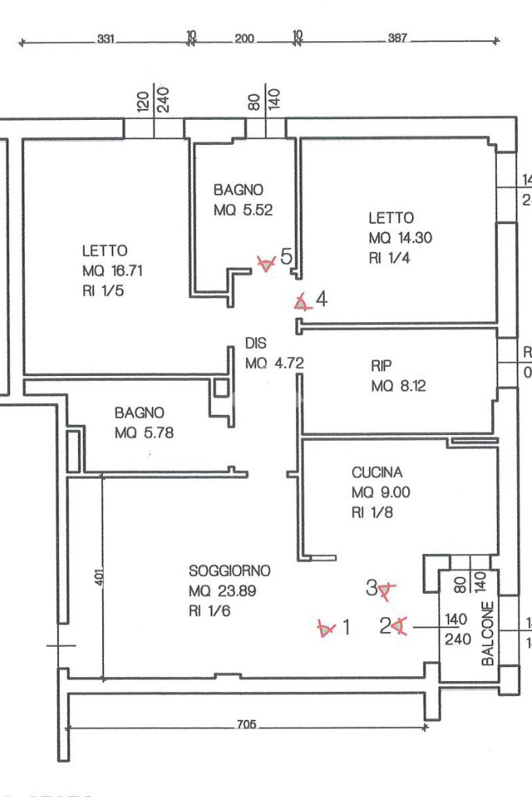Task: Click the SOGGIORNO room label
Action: click(229, 571)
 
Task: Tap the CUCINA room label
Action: click(377, 472)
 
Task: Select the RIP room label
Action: click(382, 365)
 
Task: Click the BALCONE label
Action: click(488, 634)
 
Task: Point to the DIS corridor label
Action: click(256, 342)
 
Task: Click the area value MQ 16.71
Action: click(112, 271)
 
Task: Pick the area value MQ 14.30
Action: click(400, 238)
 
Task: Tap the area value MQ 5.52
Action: click(243, 209)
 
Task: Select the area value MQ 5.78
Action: click(144, 433)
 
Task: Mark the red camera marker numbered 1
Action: click(326, 627)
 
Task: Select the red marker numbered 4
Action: click(301, 302)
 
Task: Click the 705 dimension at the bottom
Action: click(245, 725)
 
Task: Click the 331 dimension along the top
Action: click(107, 38)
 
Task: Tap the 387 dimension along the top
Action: click(398, 38)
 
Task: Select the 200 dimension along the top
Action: click(245, 38)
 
